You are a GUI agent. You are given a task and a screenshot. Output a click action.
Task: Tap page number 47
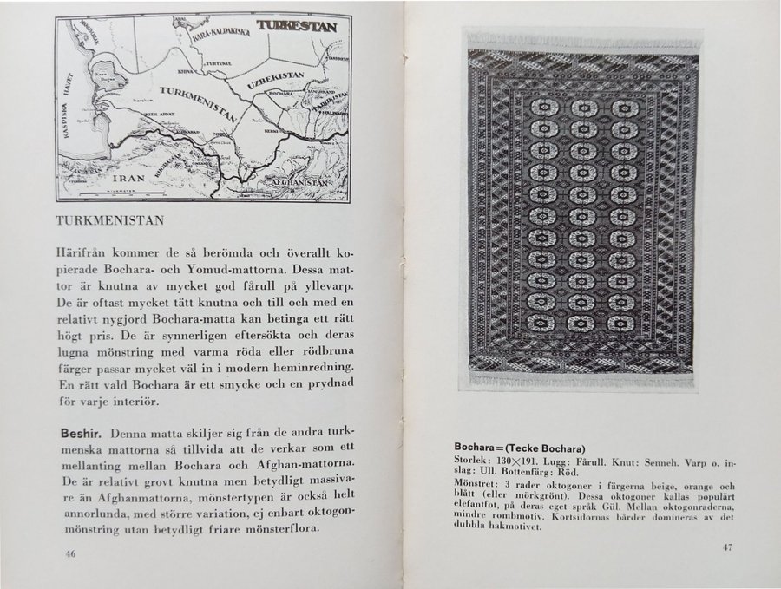pyautogui.click(x=729, y=547)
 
